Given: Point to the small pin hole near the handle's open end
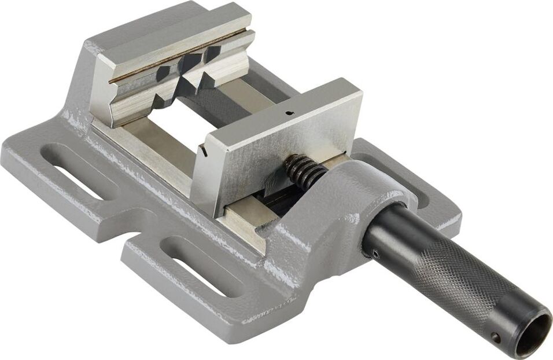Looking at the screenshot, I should click(x=496, y=337).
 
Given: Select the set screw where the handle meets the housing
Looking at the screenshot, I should click(x=375, y=252).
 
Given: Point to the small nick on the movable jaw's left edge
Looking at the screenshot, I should click(x=205, y=152).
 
